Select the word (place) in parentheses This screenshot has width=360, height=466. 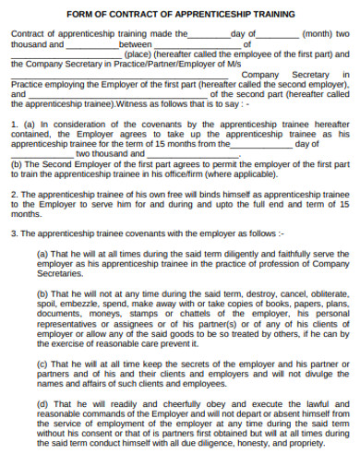(138, 54)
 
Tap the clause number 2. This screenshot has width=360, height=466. (13, 196)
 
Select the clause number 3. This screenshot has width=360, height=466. (13, 233)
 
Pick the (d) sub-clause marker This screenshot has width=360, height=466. (42, 402)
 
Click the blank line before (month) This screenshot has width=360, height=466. (275, 33)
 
